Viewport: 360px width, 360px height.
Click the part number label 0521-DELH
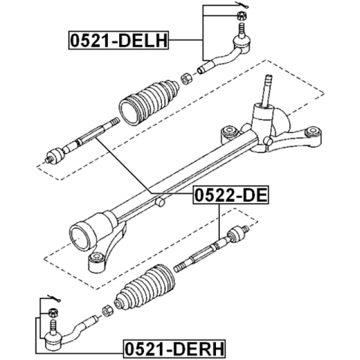coord(119,40)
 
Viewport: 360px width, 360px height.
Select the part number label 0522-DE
coord(231,195)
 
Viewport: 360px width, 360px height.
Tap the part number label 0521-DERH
coord(174,349)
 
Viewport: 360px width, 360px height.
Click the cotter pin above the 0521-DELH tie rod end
coord(242,5)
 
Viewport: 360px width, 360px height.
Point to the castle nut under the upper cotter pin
coord(242,16)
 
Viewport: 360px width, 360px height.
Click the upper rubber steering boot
coord(148,102)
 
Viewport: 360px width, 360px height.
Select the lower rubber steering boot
coord(145,287)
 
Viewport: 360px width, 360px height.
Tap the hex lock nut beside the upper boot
coord(186,79)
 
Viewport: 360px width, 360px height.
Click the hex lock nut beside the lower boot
coord(107,311)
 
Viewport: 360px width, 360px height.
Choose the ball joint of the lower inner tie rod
coord(237,234)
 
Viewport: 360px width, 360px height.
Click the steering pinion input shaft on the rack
coord(267,90)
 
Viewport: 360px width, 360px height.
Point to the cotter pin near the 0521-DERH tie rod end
coord(54,298)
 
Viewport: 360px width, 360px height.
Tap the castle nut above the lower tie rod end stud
coord(53,313)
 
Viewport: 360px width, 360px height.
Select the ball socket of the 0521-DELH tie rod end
coord(241,43)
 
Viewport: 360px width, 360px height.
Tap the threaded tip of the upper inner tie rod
coord(114,121)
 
